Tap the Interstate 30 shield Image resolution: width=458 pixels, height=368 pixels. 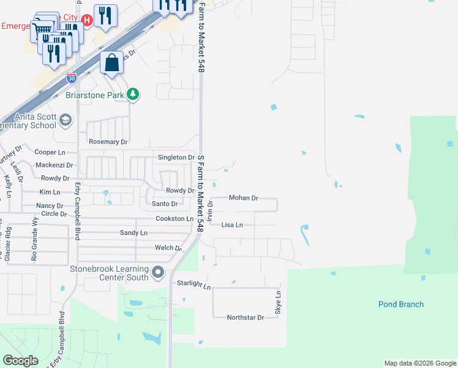72,78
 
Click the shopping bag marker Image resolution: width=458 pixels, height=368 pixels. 111,63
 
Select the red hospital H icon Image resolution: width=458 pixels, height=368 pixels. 86,20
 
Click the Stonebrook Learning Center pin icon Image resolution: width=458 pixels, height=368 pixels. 158,272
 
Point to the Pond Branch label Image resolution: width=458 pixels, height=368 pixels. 400,304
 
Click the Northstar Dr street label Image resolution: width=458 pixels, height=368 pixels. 245,318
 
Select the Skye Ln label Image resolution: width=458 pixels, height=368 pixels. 278,304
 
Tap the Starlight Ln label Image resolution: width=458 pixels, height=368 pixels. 193,285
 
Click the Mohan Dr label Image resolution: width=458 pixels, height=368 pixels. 244,198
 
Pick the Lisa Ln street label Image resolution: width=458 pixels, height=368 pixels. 232,225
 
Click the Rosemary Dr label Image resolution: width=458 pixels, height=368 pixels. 108,142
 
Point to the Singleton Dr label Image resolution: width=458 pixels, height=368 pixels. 176,158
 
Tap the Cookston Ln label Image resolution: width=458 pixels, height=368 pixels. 175,218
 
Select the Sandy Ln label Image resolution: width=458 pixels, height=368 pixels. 133,233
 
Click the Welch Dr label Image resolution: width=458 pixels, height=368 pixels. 169,248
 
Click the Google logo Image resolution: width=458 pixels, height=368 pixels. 21,361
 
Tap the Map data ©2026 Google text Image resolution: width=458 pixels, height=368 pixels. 419,363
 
